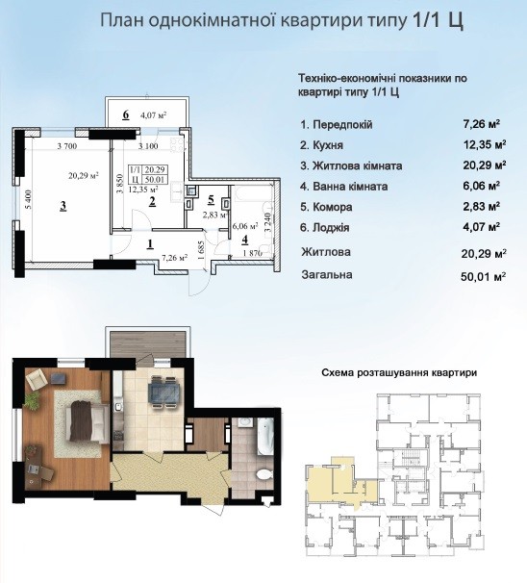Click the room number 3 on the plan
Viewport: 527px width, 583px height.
click(63, 206)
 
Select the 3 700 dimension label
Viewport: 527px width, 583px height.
click(67, 146)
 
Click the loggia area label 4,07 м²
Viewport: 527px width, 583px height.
click(153, 115)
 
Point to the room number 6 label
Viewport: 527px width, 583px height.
click(126, 114)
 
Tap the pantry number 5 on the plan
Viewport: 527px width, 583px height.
click(212, 200)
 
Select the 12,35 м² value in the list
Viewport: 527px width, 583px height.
click(485, 144)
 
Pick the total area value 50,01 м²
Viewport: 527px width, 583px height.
click(483, 277)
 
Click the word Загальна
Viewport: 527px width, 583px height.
click(327, 275)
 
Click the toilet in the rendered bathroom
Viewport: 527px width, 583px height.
click(264, 474)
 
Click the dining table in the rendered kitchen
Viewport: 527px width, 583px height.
click(163, 393)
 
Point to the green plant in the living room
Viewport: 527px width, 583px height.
click(33, 399)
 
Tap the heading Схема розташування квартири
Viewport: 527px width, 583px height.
click(399, 372)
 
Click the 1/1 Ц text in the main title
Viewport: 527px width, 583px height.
click(438, 20)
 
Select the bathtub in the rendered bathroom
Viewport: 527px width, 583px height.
click(265, 436)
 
